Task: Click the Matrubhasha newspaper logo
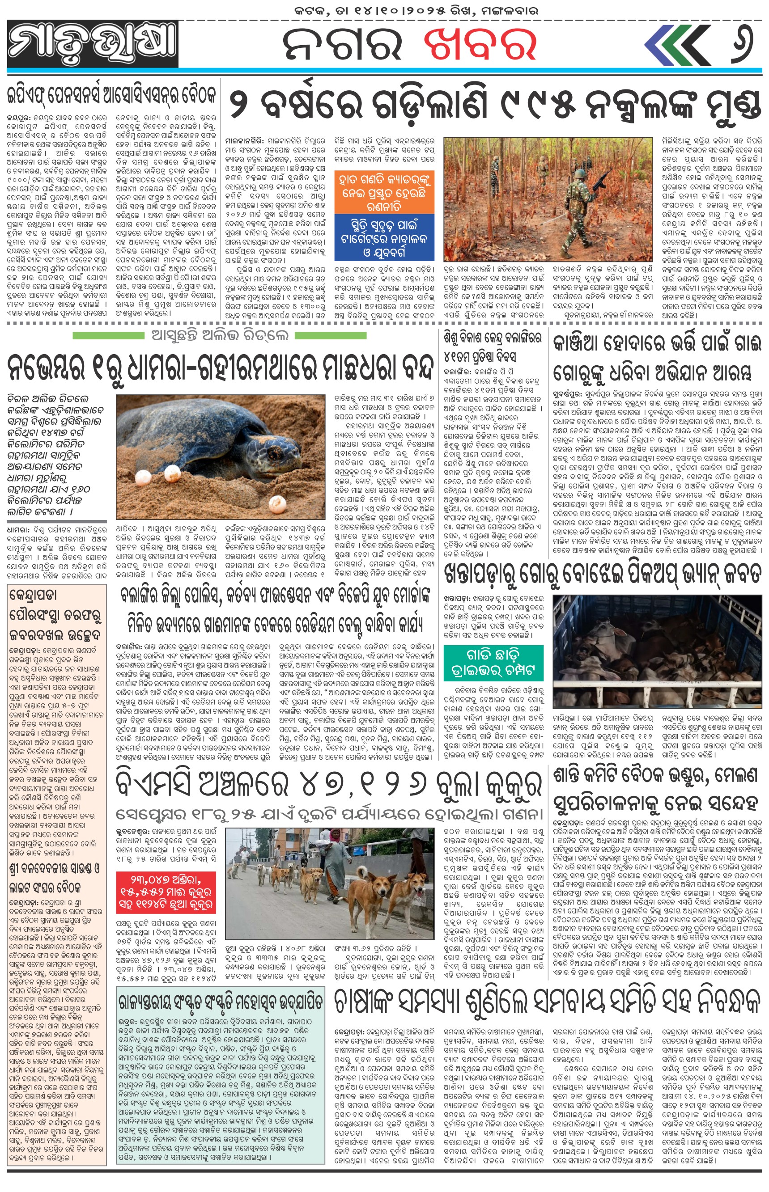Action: tap(93, 44)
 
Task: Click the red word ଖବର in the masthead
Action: tap(480, 44)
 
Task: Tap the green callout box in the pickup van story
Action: tap(493, 663)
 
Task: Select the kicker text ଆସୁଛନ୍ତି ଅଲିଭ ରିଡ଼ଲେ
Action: tap(220, 336)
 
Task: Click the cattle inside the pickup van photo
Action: tap(654, 668)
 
